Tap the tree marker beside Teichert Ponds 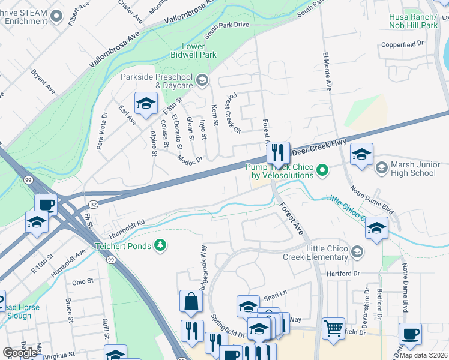coord(160,245)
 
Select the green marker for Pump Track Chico coord(322,171)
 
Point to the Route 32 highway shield coord(93,205)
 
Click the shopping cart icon coord(333,328)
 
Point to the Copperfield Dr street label coord(403,44)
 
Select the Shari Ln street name coord(277,297)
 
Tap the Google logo coord(20,353)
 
